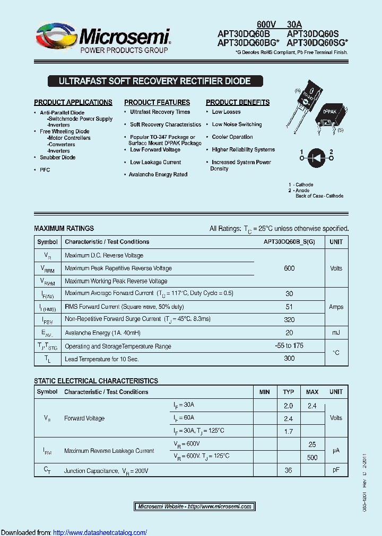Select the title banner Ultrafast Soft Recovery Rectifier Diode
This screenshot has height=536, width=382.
154,82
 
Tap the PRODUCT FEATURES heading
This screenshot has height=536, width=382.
157,102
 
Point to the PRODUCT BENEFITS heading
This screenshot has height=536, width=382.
238,102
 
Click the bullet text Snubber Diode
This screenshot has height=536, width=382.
57,157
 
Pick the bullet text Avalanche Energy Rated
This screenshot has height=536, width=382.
158,174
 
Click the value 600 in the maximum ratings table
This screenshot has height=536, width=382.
289,269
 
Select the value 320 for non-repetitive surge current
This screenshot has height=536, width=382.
289,319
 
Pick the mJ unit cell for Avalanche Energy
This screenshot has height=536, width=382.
336,333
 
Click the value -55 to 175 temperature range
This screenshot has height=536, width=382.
289,346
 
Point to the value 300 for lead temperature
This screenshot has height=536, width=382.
289,359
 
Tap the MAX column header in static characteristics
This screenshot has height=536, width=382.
312,392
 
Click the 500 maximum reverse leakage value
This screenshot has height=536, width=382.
312,457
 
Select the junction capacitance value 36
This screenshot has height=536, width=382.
289,470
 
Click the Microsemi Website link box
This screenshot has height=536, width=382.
194,506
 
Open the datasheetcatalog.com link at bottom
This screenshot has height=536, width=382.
100,532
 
